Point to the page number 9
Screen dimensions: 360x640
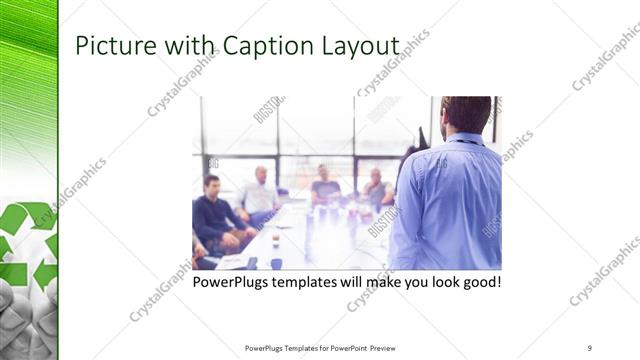point(589,347)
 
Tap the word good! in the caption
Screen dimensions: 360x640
point(479,282)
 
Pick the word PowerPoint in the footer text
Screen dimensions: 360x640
point(343,347)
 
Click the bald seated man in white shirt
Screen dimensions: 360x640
point(260,192)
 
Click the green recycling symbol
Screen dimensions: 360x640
point(29,245)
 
